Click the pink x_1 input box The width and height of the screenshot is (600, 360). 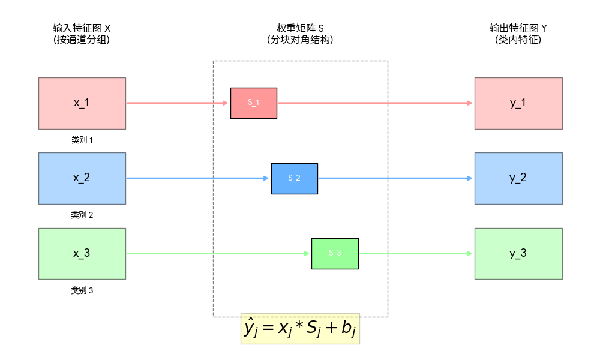pos(82,103)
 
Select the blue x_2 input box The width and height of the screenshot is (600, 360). pos(82,178)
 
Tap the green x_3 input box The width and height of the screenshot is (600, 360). pos(82,253)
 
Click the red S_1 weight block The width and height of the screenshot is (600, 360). pos(253,103)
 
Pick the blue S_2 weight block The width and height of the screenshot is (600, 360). pos(294,178)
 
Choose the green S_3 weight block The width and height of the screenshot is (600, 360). pos(335,253)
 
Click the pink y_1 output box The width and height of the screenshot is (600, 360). pos(518,103)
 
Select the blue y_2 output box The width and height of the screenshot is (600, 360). pos(518,178)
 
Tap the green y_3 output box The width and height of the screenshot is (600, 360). pos(518,253)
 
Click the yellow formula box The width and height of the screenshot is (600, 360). pos(300,329)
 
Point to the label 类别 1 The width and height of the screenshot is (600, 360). pos(82,140)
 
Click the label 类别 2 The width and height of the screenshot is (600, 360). pos(82,215)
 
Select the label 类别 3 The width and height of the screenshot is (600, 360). pos(82,290)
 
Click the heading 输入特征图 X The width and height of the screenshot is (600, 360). pos(82,28)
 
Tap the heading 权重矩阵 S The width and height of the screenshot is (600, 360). pos(300,28)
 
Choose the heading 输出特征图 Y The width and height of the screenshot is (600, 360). pos(518,28)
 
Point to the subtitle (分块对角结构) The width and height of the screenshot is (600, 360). pos(300,40)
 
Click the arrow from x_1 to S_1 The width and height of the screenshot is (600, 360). pos(177,103)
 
